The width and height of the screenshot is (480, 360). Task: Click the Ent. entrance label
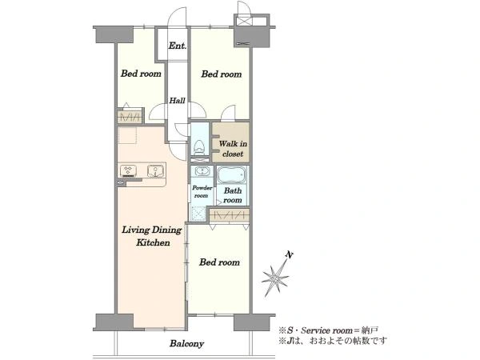(x=178, y=46)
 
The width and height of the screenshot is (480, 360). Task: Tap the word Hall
(x=178, y=101)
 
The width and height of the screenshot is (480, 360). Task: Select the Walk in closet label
(x=233, y=149)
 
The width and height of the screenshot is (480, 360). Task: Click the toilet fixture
(x=199, y=147)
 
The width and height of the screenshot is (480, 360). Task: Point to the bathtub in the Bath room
(x=231, y=175)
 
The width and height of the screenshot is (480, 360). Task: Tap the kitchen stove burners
(x=128, y=171)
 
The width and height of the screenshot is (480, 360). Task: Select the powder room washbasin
(x=202, y=171)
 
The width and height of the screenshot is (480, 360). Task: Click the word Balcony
(x=186, y=343)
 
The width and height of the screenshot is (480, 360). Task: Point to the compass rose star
(x=275, y=278)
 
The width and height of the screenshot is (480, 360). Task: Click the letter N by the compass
(x=288, y=254)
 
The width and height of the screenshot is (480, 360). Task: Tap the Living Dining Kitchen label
(x=152, y=236)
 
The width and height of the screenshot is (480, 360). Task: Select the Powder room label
(x=202, y=192)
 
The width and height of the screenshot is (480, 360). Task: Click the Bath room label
(x=233, y=195)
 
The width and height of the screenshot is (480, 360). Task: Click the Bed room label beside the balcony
(x=219, y=262)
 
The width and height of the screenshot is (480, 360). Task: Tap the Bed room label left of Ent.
(x=141, y=74)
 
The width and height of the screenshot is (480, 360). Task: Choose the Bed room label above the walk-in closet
(x=222, y=74)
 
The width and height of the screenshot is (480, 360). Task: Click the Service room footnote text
(x=328, y=330)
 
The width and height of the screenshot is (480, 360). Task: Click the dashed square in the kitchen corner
(x=127, y=135)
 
